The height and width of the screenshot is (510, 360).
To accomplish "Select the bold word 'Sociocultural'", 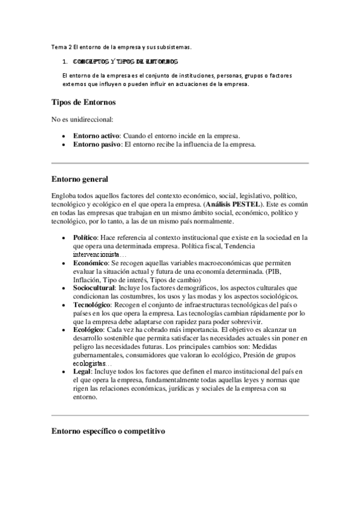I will (94, 288).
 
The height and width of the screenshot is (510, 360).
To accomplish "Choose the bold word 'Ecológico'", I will (88, 330).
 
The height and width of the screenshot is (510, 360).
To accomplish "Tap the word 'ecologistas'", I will (89, 364).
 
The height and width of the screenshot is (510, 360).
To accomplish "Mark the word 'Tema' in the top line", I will (59, 46).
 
